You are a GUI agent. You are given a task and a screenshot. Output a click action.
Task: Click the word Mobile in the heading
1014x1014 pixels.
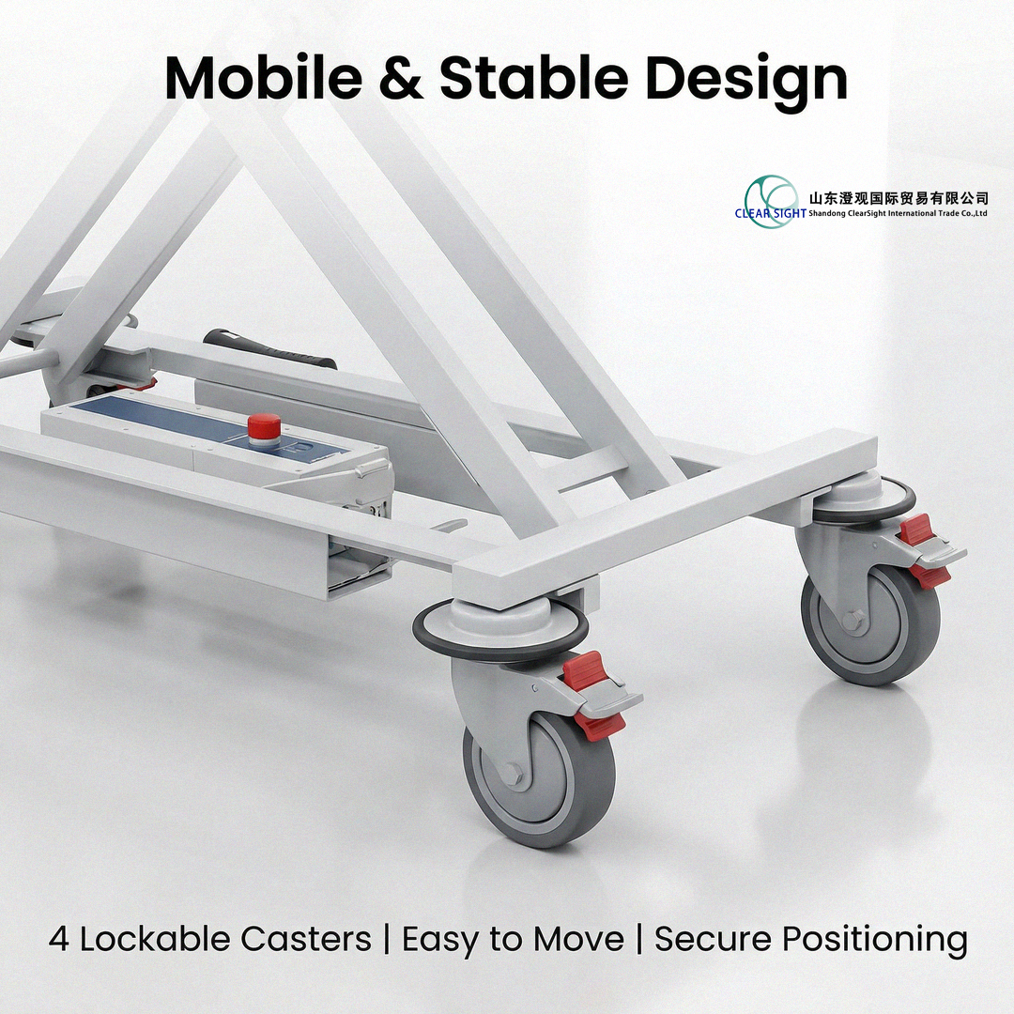pyautogui.click(x=263, y=77)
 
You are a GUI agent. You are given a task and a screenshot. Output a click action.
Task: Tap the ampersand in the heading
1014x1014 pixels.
pyautogui.click(x=400, y=78)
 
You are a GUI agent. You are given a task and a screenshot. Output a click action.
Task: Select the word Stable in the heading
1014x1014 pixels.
pyautogui.click(x=533, y=77)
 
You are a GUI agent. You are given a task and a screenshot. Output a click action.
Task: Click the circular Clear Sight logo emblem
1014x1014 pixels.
pyautogui.click(x=770, y=201)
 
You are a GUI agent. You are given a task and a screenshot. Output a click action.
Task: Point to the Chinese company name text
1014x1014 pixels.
pyautogui.click(x=899, y=198)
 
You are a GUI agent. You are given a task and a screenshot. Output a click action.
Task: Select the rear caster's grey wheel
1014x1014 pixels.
pyautogui.click(x=870, y=624)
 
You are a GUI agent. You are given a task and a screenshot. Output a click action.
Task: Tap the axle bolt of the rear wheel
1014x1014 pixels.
pyautogui.click(x=854, y=620)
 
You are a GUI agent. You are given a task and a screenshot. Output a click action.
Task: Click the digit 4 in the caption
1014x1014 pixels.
pyautogui.click(x=59, y=939)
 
